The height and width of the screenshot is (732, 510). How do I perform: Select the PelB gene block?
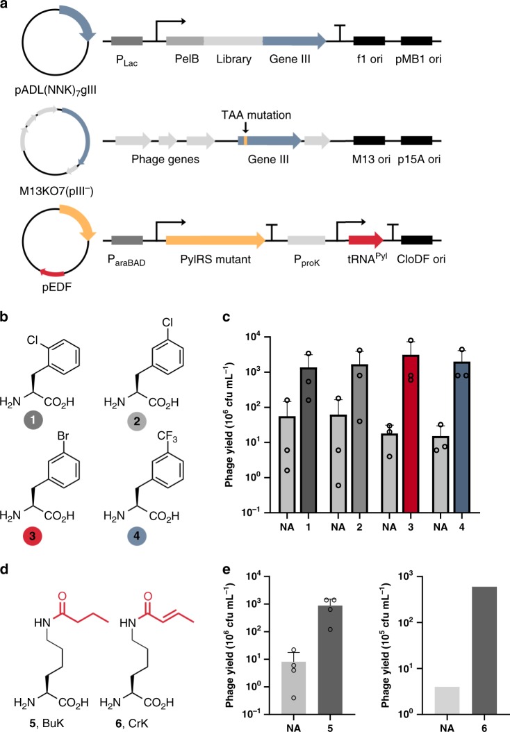click(185, 41)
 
